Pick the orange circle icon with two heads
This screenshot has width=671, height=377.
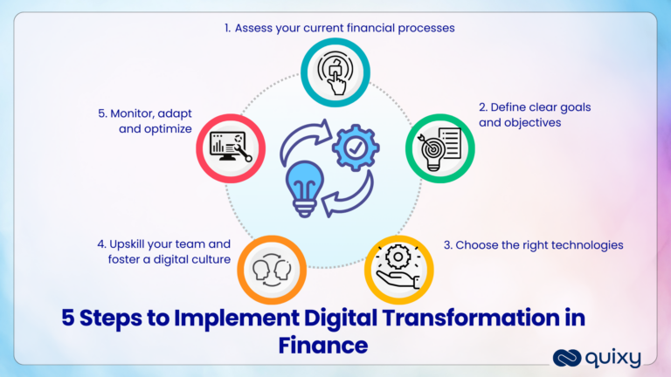pyautogui.click(x=272, y=269)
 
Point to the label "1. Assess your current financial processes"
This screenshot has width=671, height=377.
pyautogui.click(x=340, y=28)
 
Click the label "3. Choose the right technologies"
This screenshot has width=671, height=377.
pyautogui.click(x=533, y=245)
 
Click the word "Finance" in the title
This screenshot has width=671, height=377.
pyautogui.click(x=323, y=345)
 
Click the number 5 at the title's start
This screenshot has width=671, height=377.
pyautogui.click(x=67, y=319)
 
